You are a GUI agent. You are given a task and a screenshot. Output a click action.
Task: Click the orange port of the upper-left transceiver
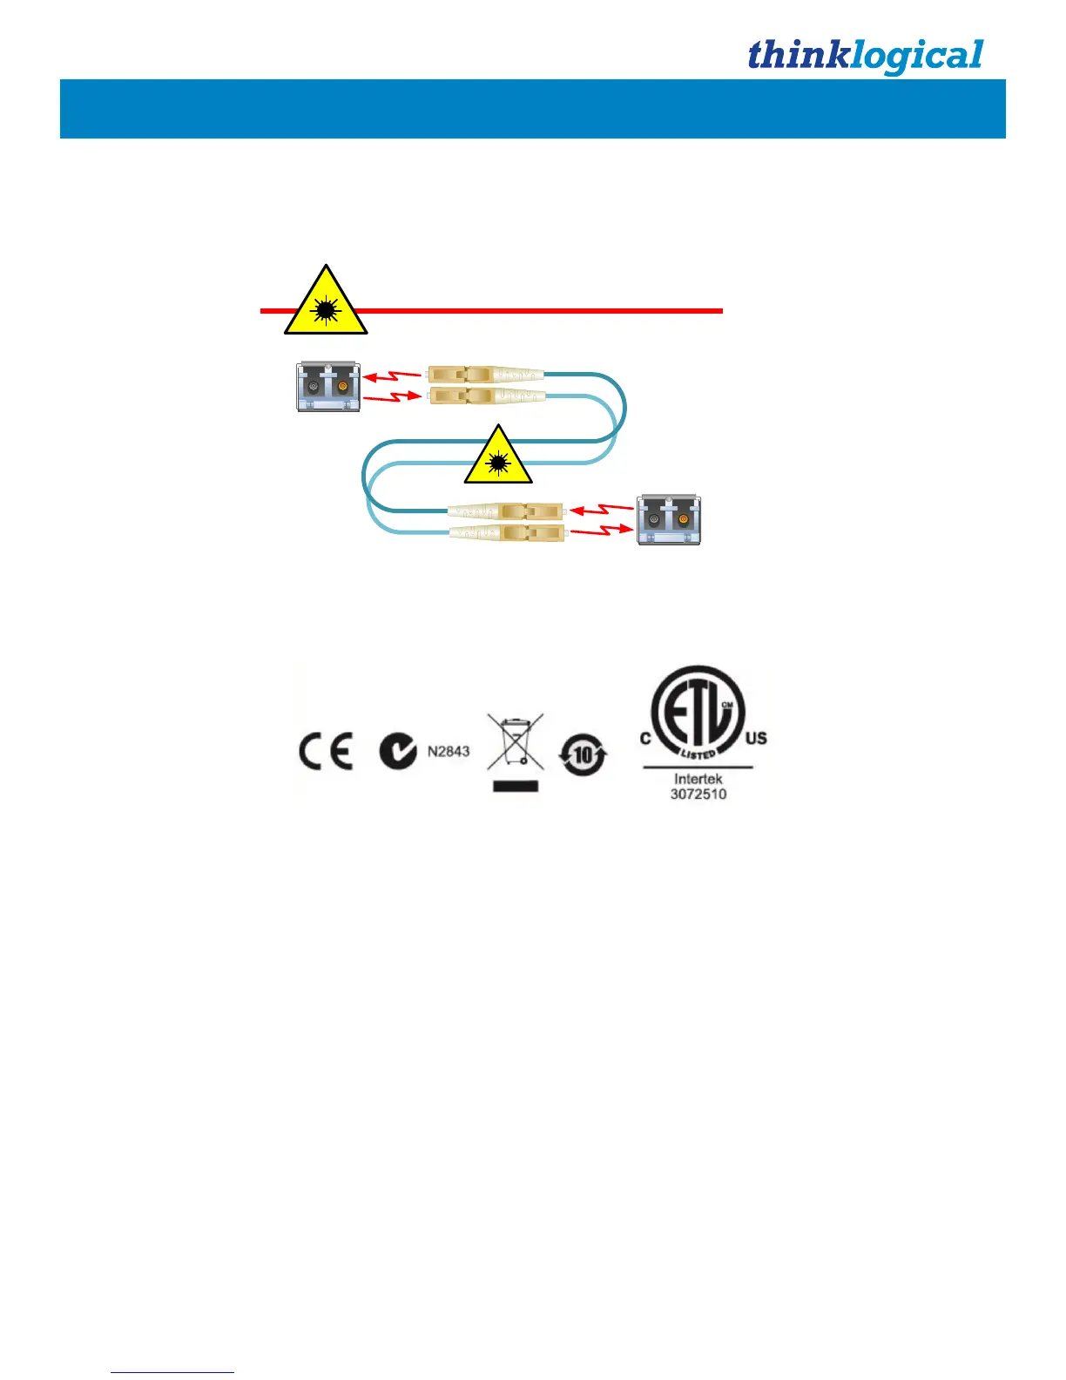[x=343, y=386]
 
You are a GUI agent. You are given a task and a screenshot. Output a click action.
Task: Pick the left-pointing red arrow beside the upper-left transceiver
[x=391, y=377]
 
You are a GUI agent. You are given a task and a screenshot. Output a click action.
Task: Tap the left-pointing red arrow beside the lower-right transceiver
[x=601, y=510]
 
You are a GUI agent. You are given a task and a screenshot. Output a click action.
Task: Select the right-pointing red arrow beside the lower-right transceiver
[x=601, y=530]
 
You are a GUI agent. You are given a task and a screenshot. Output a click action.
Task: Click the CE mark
[x=326, y=752]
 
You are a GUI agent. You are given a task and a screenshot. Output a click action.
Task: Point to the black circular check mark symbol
[x=398, y=751]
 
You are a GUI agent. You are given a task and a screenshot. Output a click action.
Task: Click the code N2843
[x=449, y=751]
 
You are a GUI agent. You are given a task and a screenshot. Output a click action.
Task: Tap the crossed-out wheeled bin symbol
[x=516, y=741]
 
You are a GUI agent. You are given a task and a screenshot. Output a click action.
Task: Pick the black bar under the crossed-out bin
[x=516, y=786]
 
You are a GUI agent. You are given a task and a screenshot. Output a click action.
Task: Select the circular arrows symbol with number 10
[x=584, y=754]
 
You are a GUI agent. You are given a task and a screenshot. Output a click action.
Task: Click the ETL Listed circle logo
[x=698, y=713]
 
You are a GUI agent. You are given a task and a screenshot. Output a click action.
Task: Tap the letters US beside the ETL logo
[x=756, y=739]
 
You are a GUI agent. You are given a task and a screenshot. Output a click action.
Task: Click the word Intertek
[x=698, y=779]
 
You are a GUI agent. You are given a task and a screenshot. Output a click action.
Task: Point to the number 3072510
[x=698, y=795]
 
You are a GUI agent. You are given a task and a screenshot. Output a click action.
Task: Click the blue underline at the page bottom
[x=172, y=1373]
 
